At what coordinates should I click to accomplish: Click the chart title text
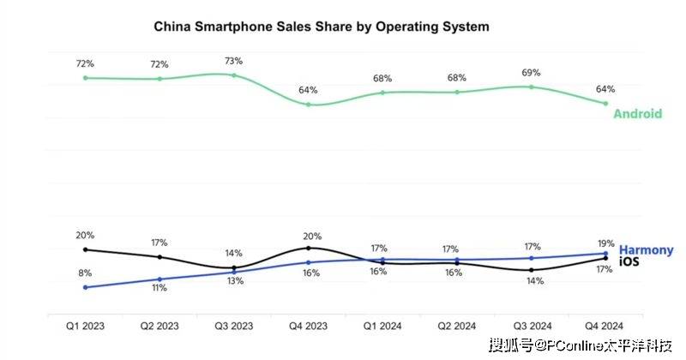322,27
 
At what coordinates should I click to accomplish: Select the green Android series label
637,113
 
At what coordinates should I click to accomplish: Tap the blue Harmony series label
646,249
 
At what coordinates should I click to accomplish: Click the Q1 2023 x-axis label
86,326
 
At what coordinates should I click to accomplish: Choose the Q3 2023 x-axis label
234,326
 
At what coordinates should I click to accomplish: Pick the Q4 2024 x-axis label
605,326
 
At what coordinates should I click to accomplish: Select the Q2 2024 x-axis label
457,326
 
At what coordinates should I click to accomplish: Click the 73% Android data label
234,61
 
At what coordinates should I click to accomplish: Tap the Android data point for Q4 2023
309,105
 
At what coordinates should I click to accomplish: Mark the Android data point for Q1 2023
86,78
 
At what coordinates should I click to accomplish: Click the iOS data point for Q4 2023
309,248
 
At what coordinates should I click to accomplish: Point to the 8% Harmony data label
86,273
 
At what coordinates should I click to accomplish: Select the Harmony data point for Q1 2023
86,287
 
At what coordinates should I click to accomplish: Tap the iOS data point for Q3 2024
532,270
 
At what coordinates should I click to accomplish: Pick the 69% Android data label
532,73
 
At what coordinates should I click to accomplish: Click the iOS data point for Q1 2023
86,249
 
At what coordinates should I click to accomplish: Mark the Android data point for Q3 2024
532,87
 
